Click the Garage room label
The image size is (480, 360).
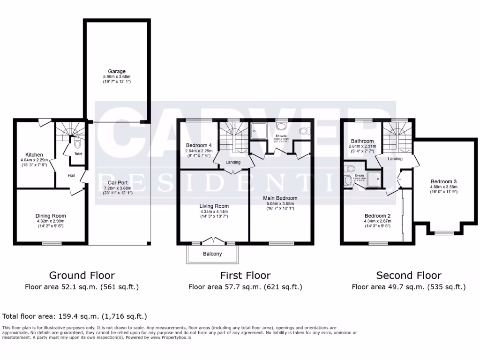tap(117, 71)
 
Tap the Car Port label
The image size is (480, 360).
tap(119, 182)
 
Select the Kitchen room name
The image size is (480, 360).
tap(34, 155)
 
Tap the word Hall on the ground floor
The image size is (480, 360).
tap(71, 175)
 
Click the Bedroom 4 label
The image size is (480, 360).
tap(199, 145)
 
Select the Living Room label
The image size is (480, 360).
tap(214, 206)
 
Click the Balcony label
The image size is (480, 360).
tap(212, 254)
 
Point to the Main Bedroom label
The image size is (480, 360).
tap(280, 198)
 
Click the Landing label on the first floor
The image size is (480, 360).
tap(233, 162)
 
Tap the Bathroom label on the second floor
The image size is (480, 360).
tap(362, 141)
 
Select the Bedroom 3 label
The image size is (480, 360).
tap(443, 181)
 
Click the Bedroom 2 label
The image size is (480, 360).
tap(364, 216)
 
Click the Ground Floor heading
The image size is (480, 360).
tap(82, 275)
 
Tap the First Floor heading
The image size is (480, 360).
tap(245, 275)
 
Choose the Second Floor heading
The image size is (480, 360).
tap(409, 275)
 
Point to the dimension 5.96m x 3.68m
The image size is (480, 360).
tap(117, 76)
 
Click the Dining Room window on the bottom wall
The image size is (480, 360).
tap(52, 243)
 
